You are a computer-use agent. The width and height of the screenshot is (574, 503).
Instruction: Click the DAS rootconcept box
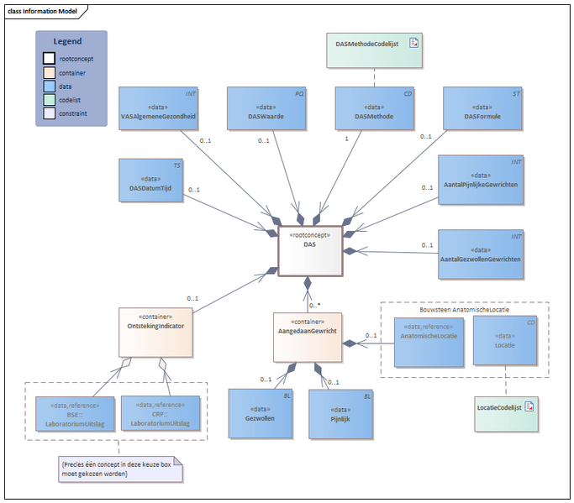pyautogui.click(x=310, y=250)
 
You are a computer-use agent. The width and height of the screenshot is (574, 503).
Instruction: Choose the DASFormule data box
pyautogui.click(x=482, y=109)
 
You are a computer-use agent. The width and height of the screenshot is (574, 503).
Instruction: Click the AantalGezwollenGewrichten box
pyautogui.click(x=480, y=253)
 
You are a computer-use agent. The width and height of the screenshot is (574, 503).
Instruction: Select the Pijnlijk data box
pyautogui.click(x=341, y=413)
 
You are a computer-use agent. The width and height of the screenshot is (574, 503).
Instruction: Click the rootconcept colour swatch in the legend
pyautogui.click(x=50, y=59)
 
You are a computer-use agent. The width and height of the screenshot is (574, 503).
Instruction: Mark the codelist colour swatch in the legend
pyautogui.click(x=50, y=99)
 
